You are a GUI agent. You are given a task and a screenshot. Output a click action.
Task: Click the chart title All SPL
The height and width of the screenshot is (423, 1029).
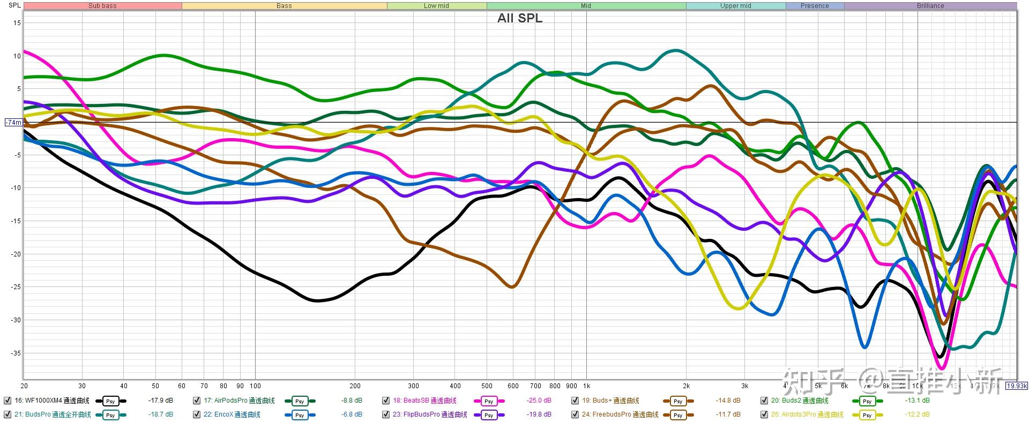tap(519, 18)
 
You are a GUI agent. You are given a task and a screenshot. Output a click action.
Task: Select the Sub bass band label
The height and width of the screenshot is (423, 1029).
tap(102, 6)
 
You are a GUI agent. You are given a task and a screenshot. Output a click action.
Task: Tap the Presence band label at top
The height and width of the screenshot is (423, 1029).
tap(815, 6)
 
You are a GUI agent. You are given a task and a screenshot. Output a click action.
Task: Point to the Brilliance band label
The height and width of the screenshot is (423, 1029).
tap(930, 6)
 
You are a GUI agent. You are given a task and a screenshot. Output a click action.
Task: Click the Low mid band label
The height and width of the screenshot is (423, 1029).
tap(436, 6)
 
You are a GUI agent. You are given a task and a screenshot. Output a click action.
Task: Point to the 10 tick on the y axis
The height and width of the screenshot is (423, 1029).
tap(17, 56)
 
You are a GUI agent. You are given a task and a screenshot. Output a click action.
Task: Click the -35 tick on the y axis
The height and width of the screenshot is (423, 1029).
tap(16, 353)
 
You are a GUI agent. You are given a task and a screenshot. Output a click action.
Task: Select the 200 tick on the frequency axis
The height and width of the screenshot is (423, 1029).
tap(355, 386)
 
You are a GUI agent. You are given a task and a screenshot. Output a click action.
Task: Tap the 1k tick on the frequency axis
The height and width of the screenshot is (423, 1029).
tap(586, 386)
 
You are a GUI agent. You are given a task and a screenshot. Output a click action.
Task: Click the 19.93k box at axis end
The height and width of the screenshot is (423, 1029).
tap(1016, 386)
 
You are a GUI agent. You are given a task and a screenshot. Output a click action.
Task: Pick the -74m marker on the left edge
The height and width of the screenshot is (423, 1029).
tap(13, 123)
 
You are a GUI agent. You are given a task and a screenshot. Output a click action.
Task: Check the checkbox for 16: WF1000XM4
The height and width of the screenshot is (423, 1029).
tap(8, 401)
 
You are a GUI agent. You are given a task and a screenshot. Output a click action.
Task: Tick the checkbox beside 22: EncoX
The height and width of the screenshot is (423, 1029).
tap(197, 414)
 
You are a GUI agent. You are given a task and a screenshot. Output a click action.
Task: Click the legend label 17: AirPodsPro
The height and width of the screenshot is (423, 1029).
tap(239, 401)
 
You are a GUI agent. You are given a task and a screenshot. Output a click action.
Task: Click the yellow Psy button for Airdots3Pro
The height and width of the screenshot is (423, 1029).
tap(867, 415)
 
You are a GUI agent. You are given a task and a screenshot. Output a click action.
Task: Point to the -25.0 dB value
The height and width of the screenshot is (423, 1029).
tap(539, 401)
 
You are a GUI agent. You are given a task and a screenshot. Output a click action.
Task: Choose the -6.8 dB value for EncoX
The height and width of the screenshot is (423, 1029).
tap(352, 414)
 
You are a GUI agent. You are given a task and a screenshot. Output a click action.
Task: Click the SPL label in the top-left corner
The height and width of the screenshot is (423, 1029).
tap(14, 5)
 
